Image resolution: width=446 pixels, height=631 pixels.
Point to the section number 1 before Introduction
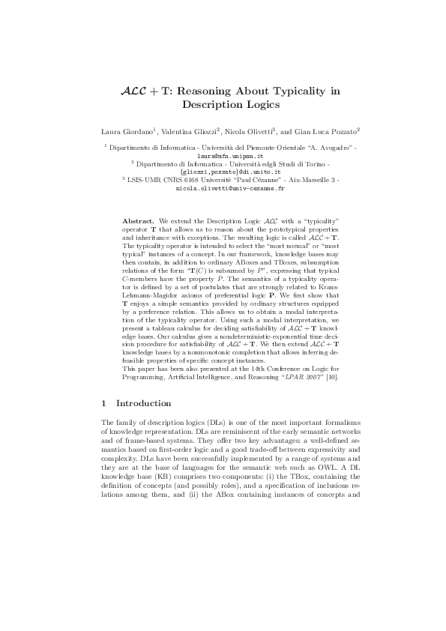click(103, 402)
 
